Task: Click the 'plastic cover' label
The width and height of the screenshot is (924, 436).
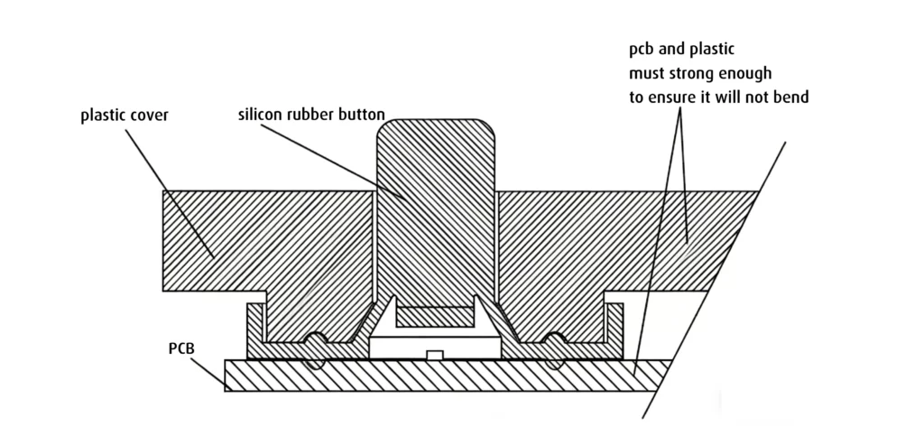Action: tap(124, 116)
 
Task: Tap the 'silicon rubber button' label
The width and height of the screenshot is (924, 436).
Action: tap(311, 115)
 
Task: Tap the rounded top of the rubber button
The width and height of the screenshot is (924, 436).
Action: tap(436, 131)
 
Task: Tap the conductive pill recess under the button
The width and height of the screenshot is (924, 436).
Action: tap(435, 316)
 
